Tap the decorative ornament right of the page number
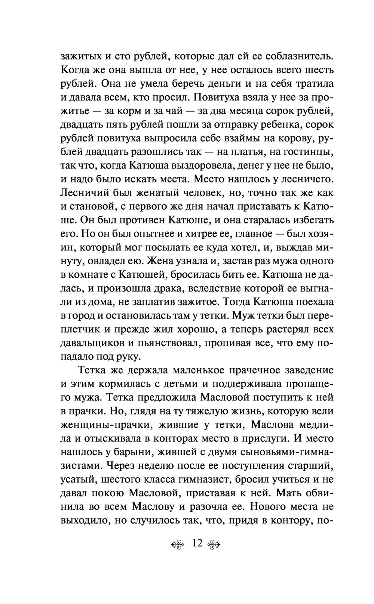215,544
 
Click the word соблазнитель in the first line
299,56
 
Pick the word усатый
77,480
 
